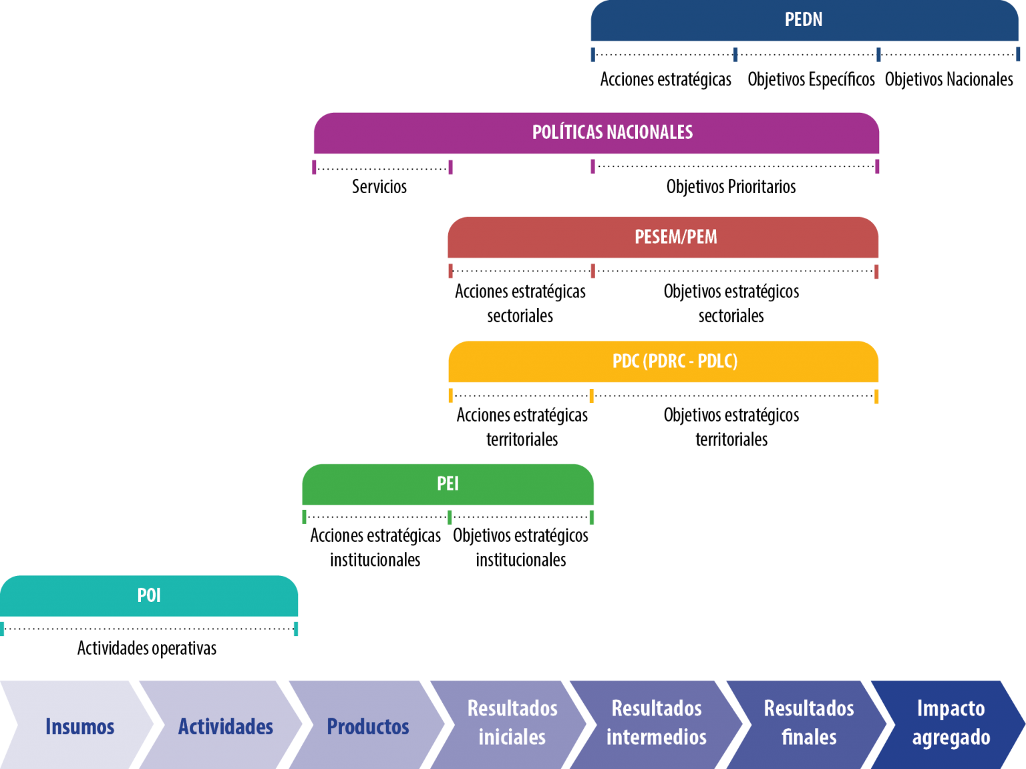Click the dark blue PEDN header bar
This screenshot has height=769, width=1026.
click(804, 20)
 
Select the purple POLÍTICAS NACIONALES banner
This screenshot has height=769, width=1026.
click(596, 133)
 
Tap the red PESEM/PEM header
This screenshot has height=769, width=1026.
click(663, 237)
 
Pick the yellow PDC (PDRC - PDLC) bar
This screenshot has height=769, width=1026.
click(663, 361)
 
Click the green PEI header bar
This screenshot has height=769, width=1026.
click(448, 484)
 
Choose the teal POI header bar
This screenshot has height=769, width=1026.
click(149, 595)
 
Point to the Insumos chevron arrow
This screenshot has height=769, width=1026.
click(77, 725)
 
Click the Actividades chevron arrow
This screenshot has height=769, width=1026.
click(220, 725)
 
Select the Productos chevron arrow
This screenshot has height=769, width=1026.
click(367, 725)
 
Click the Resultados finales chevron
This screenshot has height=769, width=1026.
click(807, 725)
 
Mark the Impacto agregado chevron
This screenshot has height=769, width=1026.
click(949, 725)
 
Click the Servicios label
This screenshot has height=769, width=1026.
click(379, 187)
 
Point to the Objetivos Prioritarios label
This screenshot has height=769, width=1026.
click(731, 187)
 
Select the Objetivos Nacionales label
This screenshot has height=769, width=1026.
click(949, 80)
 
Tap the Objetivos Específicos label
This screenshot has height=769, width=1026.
click(811, 80)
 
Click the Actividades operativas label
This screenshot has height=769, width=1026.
click(147, 648)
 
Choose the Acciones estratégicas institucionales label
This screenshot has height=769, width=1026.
click(375, 547)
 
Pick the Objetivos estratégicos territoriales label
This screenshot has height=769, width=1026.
click(731, 428)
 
